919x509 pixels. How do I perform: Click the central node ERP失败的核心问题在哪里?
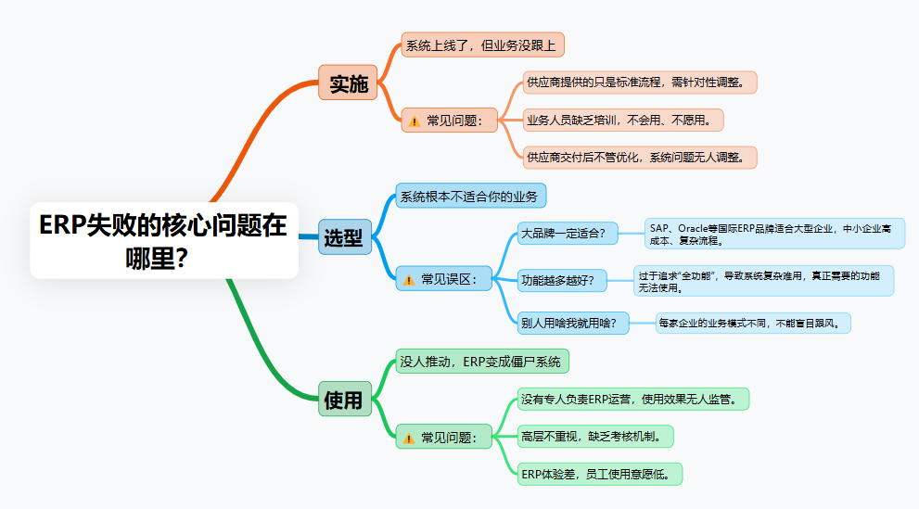coord(164,240)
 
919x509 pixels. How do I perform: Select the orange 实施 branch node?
coord(348,83)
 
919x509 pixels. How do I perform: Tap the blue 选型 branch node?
coord(343,237)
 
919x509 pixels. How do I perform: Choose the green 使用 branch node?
coord(343,400)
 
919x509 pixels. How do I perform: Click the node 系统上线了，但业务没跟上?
coord(482,45)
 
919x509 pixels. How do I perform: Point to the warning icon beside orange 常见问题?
coord(415,121)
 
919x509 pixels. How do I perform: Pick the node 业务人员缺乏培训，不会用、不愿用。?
coord(623,120)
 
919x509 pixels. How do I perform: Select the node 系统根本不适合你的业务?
coord(471,197)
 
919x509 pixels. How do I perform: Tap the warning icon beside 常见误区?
coord(409,279)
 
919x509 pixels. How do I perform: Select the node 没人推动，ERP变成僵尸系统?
coord(482,362)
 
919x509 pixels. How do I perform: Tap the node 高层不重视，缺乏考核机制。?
coord(596,436)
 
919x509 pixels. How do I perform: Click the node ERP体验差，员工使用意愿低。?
coord(601,474)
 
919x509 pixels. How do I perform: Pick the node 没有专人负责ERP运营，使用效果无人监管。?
coord(634,400)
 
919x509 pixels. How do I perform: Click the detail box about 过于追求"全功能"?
coord(763,280)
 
